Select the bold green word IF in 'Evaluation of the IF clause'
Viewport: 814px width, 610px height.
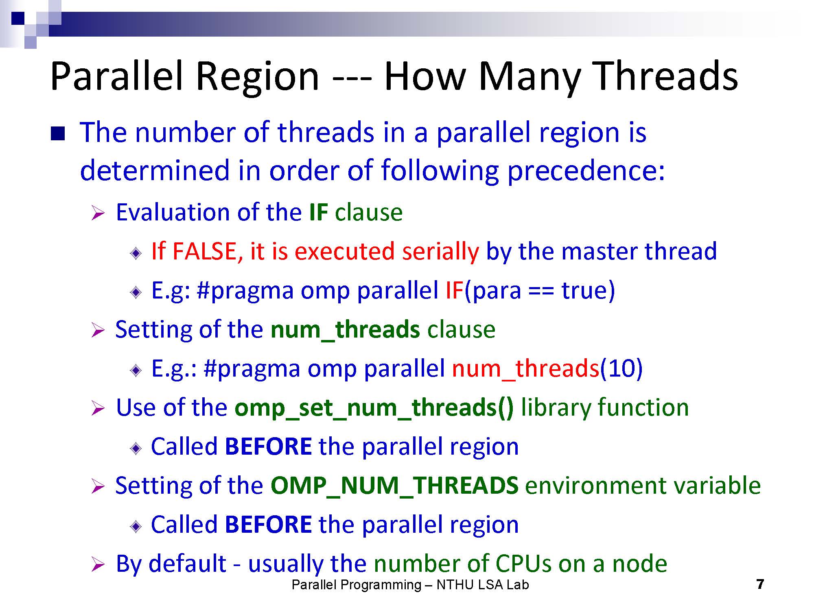coord(318,212)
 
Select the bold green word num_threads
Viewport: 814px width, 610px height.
coord(345,330)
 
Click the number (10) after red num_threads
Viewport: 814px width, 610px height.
coord(621,368)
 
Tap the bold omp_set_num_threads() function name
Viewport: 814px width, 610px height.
coord(374,408)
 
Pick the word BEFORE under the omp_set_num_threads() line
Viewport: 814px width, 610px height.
coord(268,447)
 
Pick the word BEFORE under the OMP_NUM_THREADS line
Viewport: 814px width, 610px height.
coord(268,525)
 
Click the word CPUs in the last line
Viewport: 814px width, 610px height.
coord(523,564)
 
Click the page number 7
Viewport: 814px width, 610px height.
coord(760,584)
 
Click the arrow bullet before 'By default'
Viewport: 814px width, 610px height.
coord(98,564)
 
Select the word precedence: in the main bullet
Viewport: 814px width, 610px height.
coord(586,170)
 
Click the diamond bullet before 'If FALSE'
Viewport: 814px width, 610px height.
coord(136,253)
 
